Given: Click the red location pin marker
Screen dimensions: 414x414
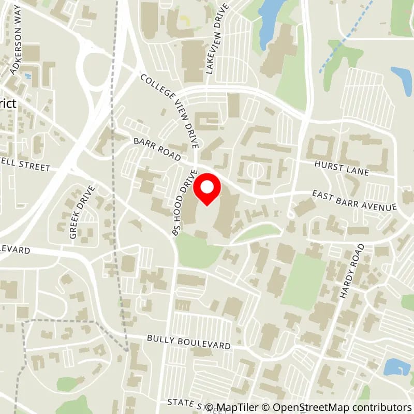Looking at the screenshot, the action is [x=207, y=189].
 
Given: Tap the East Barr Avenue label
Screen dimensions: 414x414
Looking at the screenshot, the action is [x=354, y=200].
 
